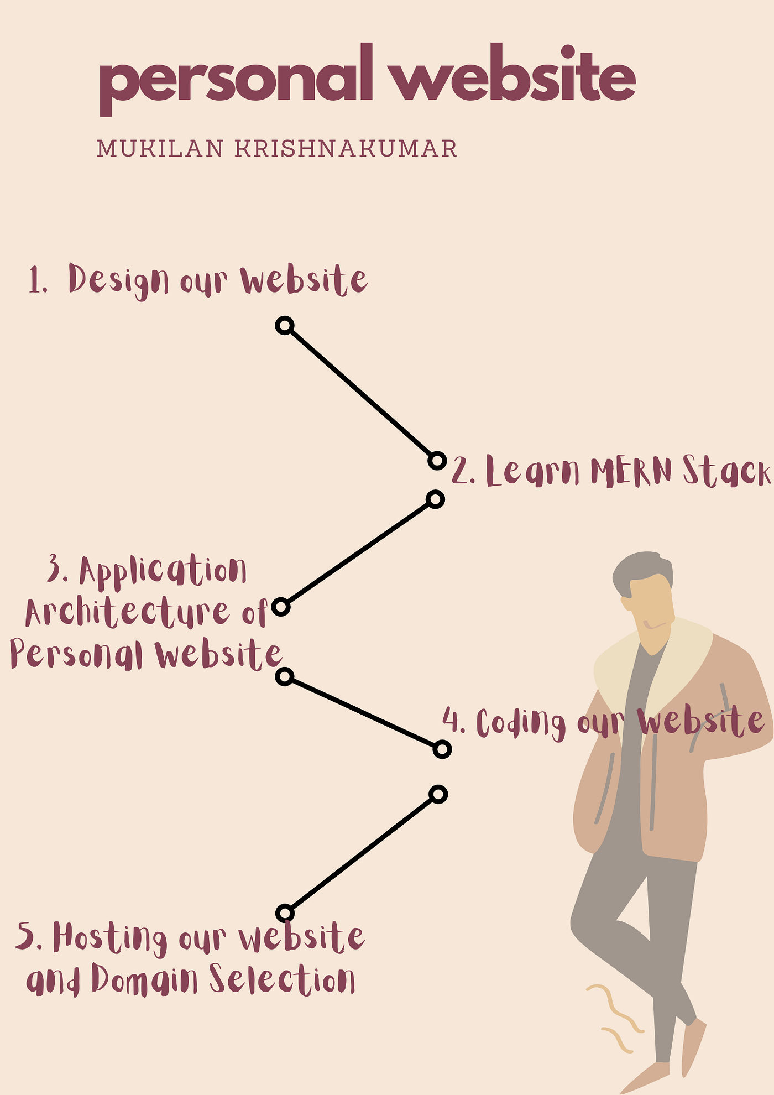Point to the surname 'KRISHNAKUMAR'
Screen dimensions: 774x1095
(x=346, y=149)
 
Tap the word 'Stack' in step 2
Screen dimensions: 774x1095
(x=725, y=472)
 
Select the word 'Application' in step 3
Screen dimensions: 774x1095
(x=163, y=571)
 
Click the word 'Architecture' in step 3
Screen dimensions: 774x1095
(x=127, y=613)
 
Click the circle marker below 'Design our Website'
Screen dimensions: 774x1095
(x=284, y=326)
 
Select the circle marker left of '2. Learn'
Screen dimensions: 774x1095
(x=437, y=460)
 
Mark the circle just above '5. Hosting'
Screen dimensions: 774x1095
(x=284, y=912)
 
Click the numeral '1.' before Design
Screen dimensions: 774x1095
(x=38, y=281)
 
